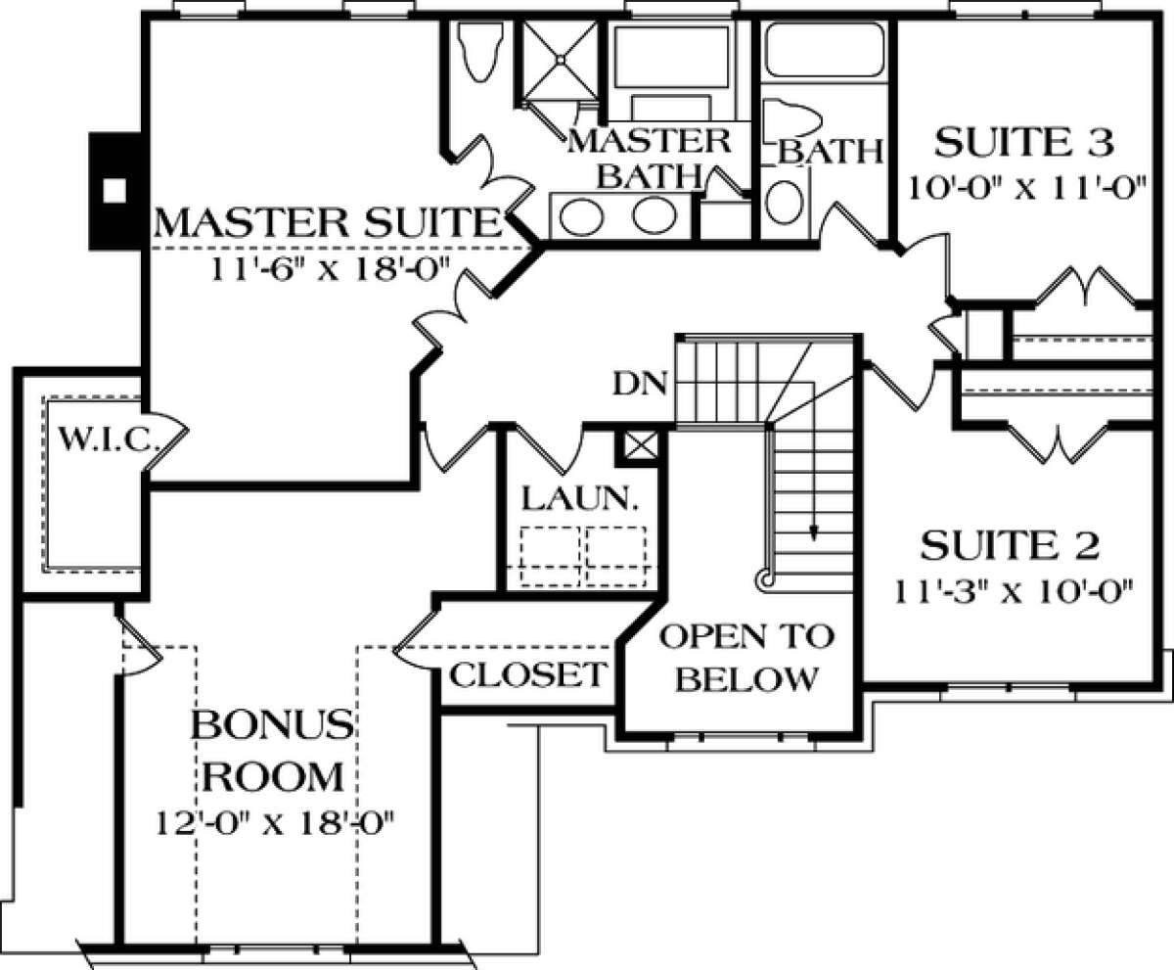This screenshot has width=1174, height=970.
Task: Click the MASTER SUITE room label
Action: (327, 222)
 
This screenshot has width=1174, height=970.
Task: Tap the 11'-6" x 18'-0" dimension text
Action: (332, 269)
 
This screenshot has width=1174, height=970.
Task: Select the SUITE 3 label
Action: (1023, 142)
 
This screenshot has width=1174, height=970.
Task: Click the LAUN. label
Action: (580, 498)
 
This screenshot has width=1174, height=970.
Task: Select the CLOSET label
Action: (528, 674)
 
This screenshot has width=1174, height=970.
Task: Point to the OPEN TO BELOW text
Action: (746, 657)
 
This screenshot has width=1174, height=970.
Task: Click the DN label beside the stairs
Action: (640, 385)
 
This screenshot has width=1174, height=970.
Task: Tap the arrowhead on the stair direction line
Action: (814, 532)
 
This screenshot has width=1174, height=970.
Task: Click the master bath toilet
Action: (479, 52)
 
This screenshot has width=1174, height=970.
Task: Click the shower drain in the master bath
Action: (561, 58)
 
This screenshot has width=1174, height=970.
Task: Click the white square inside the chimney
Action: (114, 190)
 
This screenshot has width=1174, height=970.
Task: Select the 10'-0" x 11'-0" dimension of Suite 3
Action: (1026, 189)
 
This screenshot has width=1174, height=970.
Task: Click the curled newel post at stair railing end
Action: (765, 579)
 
